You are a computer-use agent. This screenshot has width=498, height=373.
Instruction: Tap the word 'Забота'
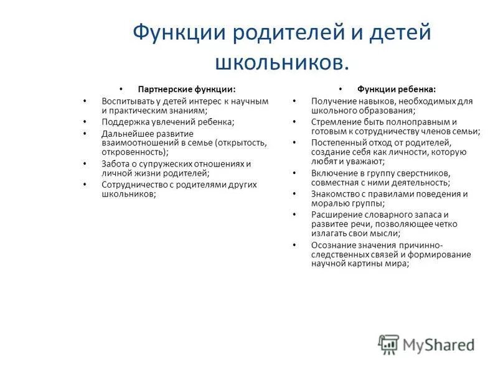(x=115, y=163)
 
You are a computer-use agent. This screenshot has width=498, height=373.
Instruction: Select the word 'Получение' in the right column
(x=332, y=101)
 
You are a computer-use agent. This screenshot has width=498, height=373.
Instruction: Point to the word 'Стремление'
(x=334, y=122)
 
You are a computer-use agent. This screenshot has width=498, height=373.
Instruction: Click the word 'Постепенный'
(x=337, y=142)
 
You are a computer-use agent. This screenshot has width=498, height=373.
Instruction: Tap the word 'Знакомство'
(x=334, y=194)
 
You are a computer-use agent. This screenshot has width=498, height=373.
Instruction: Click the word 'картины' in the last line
(x=364, y=264)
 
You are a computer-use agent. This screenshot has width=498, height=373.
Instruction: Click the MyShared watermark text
(x=438, y=344)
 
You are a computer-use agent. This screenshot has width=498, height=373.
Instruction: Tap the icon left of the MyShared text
(x=388, y=344)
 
